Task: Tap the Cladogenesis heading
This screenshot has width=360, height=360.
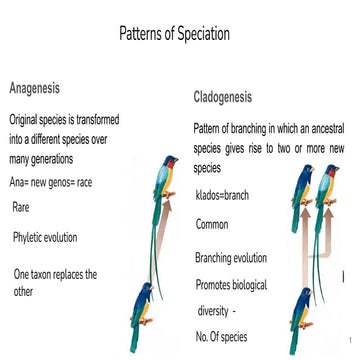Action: point(222,98)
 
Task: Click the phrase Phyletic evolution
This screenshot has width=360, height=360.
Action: point(45,237)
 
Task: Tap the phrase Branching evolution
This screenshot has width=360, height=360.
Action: point(230,259)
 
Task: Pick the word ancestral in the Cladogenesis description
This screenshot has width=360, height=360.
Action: point(323,129)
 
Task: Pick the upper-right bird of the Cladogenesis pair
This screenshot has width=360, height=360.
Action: point(327,200)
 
